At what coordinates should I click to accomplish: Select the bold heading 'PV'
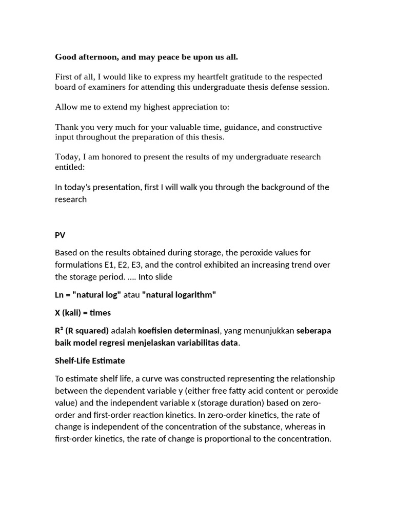[60, 235]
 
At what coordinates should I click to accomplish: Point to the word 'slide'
[162, 277]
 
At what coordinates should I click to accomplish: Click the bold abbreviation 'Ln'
[60, 295]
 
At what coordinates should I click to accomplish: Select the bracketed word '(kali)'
[74, 313]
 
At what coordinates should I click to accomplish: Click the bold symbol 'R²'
[58, 331]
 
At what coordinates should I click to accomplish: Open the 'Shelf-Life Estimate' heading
[90, 361]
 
